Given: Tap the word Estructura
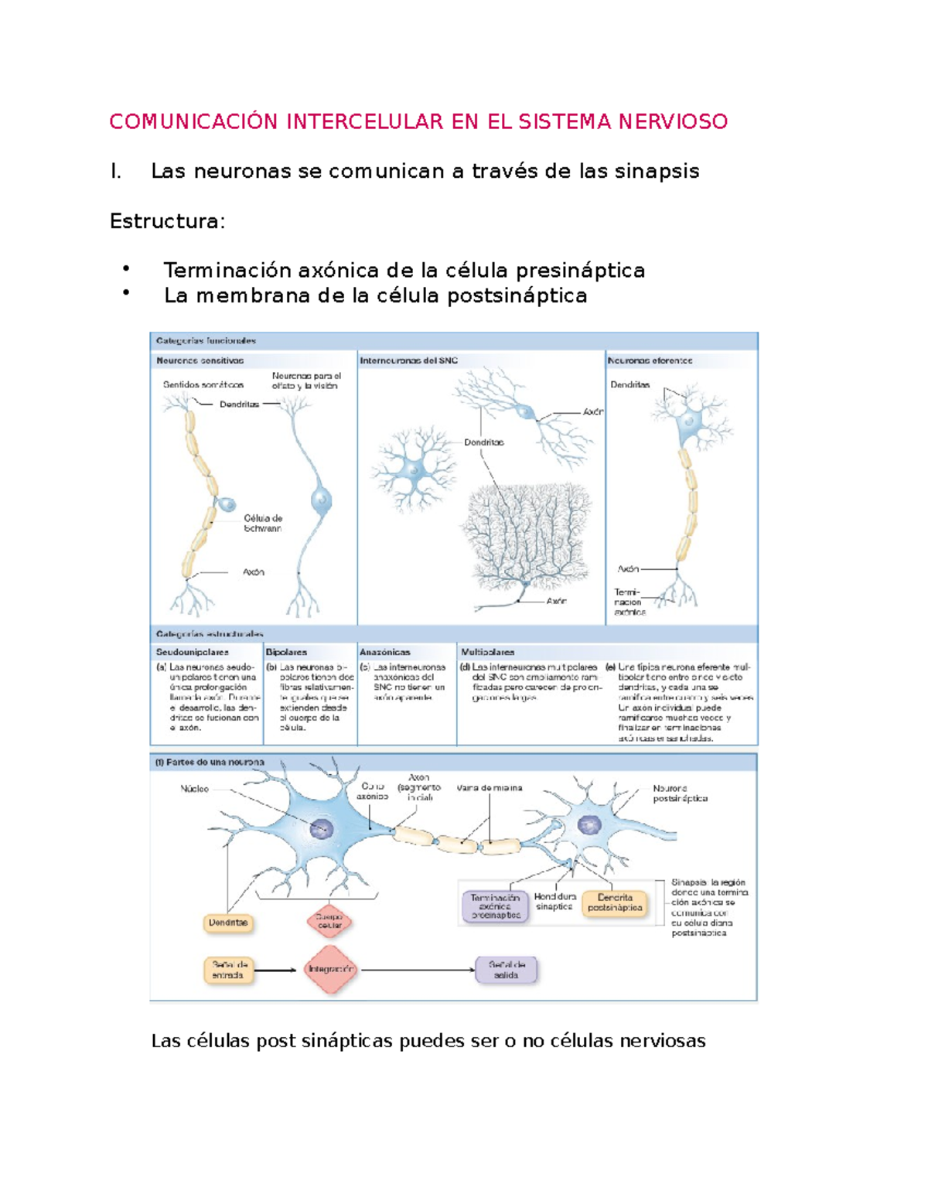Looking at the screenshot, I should [x=166, y=221].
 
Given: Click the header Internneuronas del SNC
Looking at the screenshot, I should [x=408, y=360].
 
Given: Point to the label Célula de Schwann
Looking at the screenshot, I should [x=262, y=524].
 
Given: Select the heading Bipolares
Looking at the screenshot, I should [x=286, y=652].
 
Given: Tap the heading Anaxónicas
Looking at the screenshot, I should [x=384, y=652].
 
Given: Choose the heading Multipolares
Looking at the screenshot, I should [x=487, y=652].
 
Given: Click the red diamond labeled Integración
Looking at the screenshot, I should [x=330, y=969].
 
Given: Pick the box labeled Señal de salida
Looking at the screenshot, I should [x=507, y=970].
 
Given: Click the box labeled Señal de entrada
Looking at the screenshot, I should [x=228, y=970].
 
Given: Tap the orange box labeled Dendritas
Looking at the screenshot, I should [x=228, y=923].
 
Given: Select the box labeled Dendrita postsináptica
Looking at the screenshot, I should [x=615, y=902].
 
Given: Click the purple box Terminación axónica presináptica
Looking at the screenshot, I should [x=495, y=906].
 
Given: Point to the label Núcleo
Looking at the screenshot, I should [x=194, y=789].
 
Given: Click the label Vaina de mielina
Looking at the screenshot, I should [x=489, y=788].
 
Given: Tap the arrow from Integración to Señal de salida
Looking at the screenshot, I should [x=418, y=970].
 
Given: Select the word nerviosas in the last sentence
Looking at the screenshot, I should [x=666, y=1041].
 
